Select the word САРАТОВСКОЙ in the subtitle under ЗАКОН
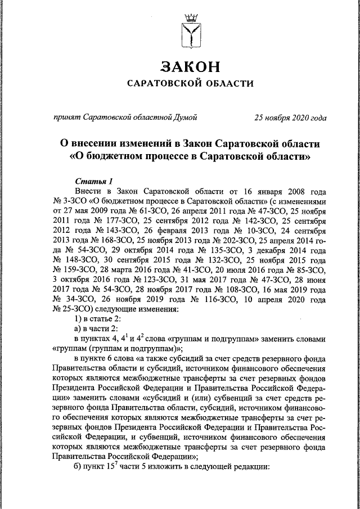point(161,83)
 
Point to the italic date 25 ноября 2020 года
point(290,118)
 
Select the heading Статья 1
point(93,181)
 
